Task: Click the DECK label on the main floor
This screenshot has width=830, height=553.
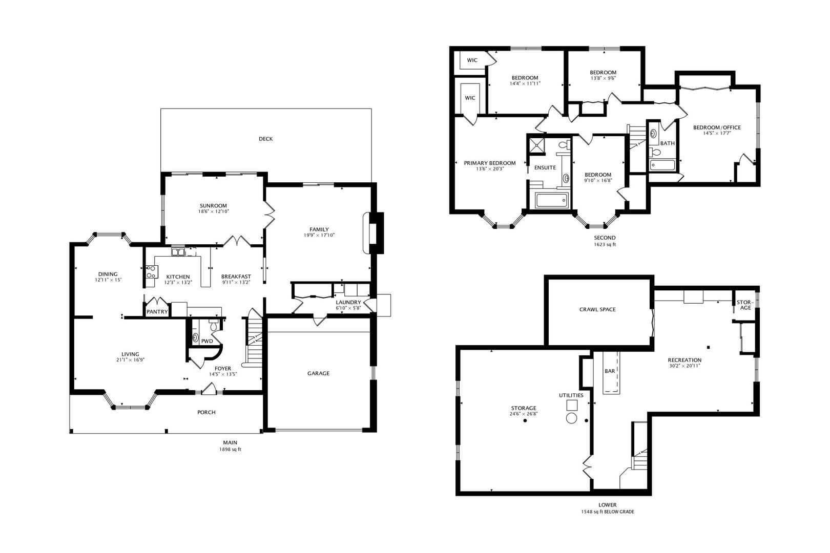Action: (x=265, y=139)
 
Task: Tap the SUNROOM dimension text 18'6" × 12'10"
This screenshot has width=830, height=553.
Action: (x=213, y=211)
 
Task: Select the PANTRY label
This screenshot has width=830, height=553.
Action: (x=157, y=311)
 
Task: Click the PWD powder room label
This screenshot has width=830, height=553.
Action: (x=207, y=341)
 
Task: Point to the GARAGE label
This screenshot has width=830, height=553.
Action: (x=318, y=373)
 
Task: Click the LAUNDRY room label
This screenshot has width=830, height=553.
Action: (x=348, y=302)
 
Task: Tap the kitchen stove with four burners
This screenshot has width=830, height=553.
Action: (x=151, y=272)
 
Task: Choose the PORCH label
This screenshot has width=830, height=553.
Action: (x=206, y=412)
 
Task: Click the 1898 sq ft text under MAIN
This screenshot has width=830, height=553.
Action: (x=230, y=450)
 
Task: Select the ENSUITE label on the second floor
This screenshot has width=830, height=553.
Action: (x=545, y=167)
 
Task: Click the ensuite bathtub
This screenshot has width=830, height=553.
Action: (x=551, y=201)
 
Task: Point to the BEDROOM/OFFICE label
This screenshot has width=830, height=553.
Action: (x=717, y=127)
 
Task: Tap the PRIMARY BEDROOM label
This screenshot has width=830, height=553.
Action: (x=489, y=163)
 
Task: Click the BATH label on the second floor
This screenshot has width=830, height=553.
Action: (x=667, y=143)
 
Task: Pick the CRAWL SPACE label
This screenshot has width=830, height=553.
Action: (x=597, y=309)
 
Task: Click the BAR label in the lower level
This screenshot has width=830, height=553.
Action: (x=610, y=371)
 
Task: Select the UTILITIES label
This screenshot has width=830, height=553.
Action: (x=571, y=395)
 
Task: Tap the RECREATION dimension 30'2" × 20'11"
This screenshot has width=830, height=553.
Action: (x=684, y=366)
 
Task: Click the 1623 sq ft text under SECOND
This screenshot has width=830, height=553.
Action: (x=605, y=244)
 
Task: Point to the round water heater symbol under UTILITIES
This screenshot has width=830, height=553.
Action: (x=571, y=417)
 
